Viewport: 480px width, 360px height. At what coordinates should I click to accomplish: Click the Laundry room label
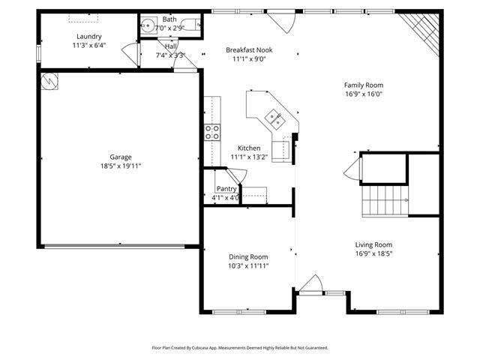click(x=88, y=36)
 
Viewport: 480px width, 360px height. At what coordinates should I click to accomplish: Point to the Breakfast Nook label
click(x=249, y=50)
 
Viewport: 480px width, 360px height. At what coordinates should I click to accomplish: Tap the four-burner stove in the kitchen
click(x=212, y=132)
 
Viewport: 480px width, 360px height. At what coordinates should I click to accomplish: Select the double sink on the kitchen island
click(x=272, y=116)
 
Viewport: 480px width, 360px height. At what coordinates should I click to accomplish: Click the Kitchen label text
click(x=249, y=148)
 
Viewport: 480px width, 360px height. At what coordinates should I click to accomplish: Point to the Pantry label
click(x=226, y=189)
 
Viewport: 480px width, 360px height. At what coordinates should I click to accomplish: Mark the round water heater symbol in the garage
click(x=50, y=81)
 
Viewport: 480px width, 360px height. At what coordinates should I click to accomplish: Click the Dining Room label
click(x=248, y=256)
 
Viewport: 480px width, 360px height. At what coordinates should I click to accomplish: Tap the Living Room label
click(x=373, y=244)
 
